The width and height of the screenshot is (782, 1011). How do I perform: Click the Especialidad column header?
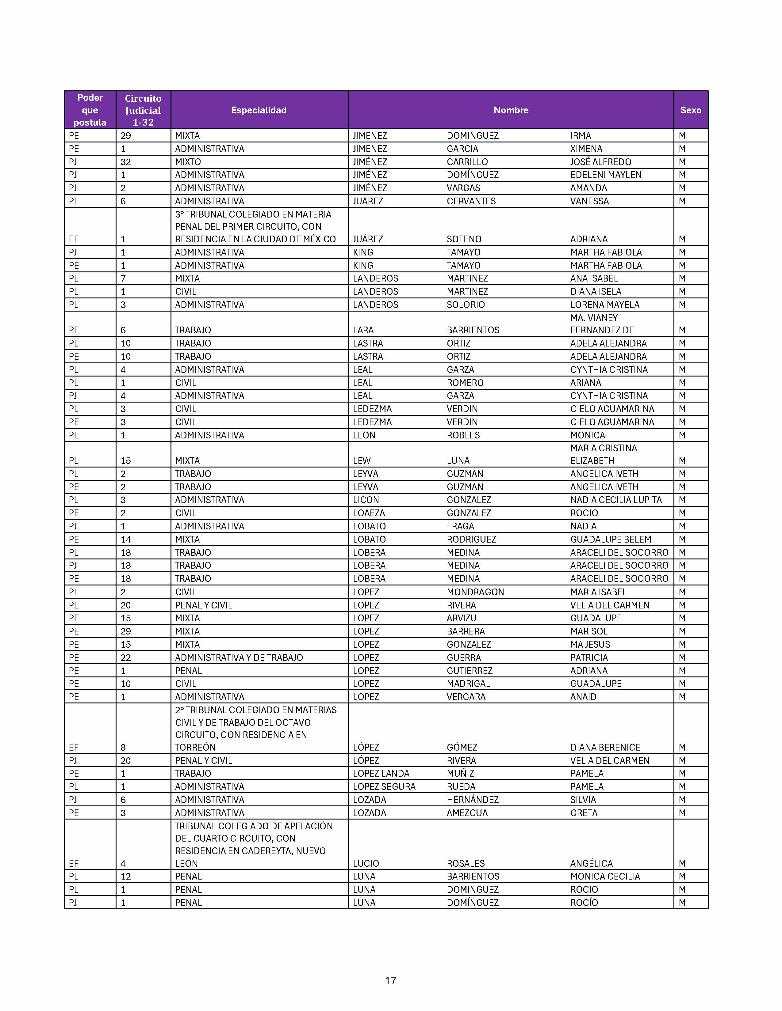pyautogui.click(x=259, y=110)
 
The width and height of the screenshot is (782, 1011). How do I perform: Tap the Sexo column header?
pyautogui.click(x=690, y=110)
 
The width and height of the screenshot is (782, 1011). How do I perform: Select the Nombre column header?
pyautogui.click(x=511, y=110)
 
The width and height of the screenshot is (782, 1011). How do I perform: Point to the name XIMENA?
pyautogui.click(x=586, y=149)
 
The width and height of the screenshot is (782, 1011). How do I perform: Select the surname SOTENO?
pyautogui.click(x=464, y=239)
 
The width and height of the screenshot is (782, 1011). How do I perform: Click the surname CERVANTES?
pyautogui.click(x=471, y=201)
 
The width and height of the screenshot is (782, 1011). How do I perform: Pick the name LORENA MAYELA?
pyautogui.click(x=604, y=305)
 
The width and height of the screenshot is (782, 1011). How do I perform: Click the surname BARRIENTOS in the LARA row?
pyautogui.click(x=473, y=330)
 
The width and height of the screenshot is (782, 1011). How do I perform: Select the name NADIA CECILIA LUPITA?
pyautogui.click(x=616, y=500)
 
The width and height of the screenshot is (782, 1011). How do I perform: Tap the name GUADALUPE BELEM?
pyautogui.click(x=611, y=539)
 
